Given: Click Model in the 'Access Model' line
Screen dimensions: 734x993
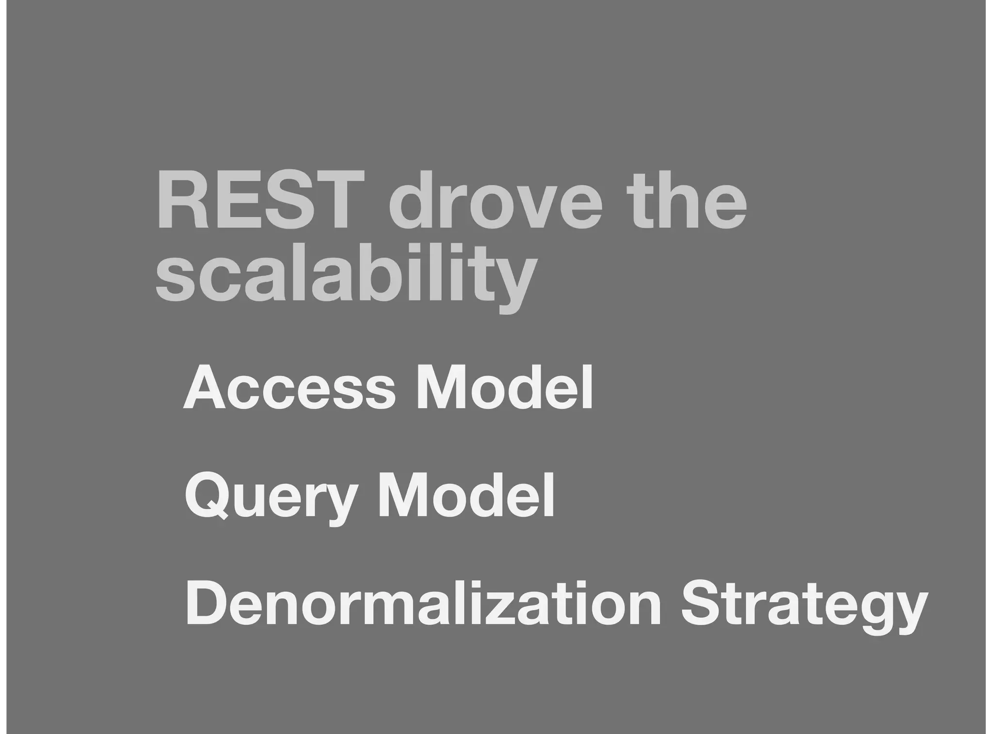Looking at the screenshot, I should [x=504, y=388].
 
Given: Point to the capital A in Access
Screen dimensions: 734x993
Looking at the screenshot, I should [x=206, y=388].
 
